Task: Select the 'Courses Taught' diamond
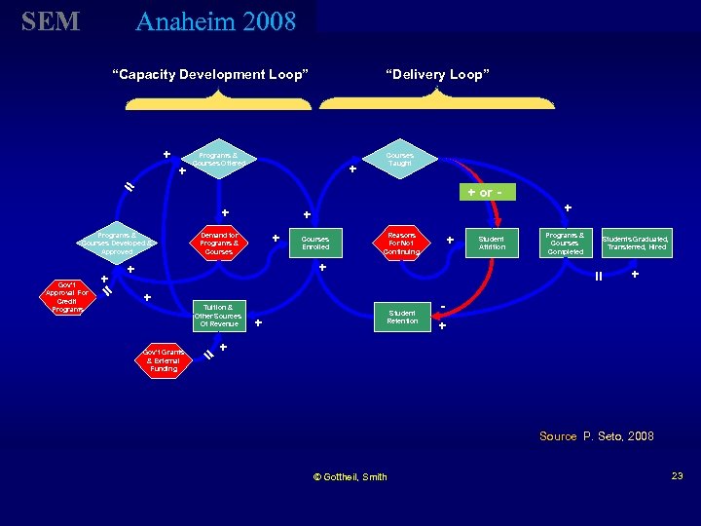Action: point(399,158)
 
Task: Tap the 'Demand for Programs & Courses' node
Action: point(219,243)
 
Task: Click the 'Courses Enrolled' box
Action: point(315,243)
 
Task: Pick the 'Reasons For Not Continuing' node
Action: point(401,243)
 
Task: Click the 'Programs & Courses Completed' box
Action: point(566,243)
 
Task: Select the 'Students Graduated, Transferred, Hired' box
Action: point(636,243)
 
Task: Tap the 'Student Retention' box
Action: point(402,316)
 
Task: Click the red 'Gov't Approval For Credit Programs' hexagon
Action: point(67,296)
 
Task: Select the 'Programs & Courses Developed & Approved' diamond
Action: point(118,243)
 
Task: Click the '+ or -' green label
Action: point(485,192)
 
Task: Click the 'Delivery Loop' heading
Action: point(437,74)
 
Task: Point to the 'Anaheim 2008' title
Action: point(216,21)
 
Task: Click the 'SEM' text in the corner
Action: point(51,21)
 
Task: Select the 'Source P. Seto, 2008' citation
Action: point(597,436)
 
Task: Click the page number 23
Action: point(677,475)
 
